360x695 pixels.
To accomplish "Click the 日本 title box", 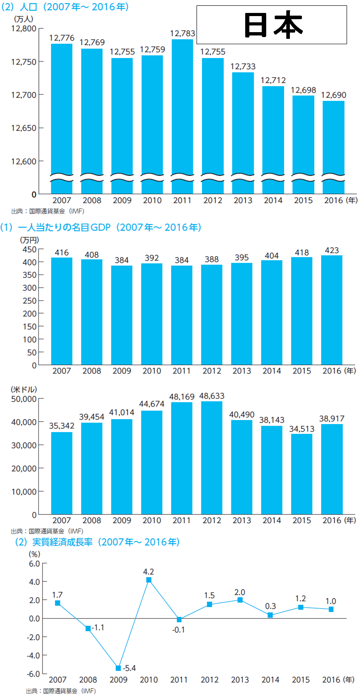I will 272,25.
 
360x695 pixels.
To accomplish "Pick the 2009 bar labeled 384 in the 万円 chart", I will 122,315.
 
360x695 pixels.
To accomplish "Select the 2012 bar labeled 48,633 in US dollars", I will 212,458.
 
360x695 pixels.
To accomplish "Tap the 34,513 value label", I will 302,429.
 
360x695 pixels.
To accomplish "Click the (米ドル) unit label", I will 24,389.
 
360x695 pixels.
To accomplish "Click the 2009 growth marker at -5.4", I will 118,668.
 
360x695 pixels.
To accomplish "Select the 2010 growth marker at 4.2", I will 149,580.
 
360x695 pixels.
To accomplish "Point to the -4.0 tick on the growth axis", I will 34,655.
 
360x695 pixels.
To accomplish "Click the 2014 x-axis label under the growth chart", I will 270,680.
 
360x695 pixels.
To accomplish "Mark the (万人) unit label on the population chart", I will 23,19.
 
